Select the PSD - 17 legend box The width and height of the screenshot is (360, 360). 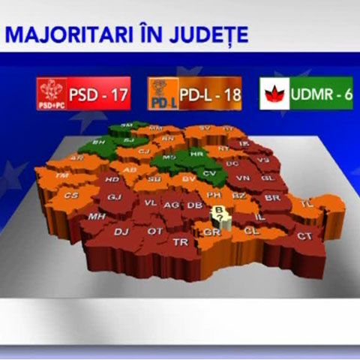point(83,95)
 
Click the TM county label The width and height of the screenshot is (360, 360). point(62,175)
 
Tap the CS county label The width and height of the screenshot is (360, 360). point(71,196)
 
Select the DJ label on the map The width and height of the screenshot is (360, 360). point(121,232)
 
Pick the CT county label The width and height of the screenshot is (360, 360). point(304,236)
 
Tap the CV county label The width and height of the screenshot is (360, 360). point(210,173)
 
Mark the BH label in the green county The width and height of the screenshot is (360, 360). point(97,142)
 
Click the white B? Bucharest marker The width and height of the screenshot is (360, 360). point(219,214)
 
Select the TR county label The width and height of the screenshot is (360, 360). point(180,242)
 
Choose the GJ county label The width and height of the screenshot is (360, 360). point(115,197)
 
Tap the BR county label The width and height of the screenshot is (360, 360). point(272,198)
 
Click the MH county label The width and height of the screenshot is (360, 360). point(96,216)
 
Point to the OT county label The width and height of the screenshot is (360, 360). point(154,231)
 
